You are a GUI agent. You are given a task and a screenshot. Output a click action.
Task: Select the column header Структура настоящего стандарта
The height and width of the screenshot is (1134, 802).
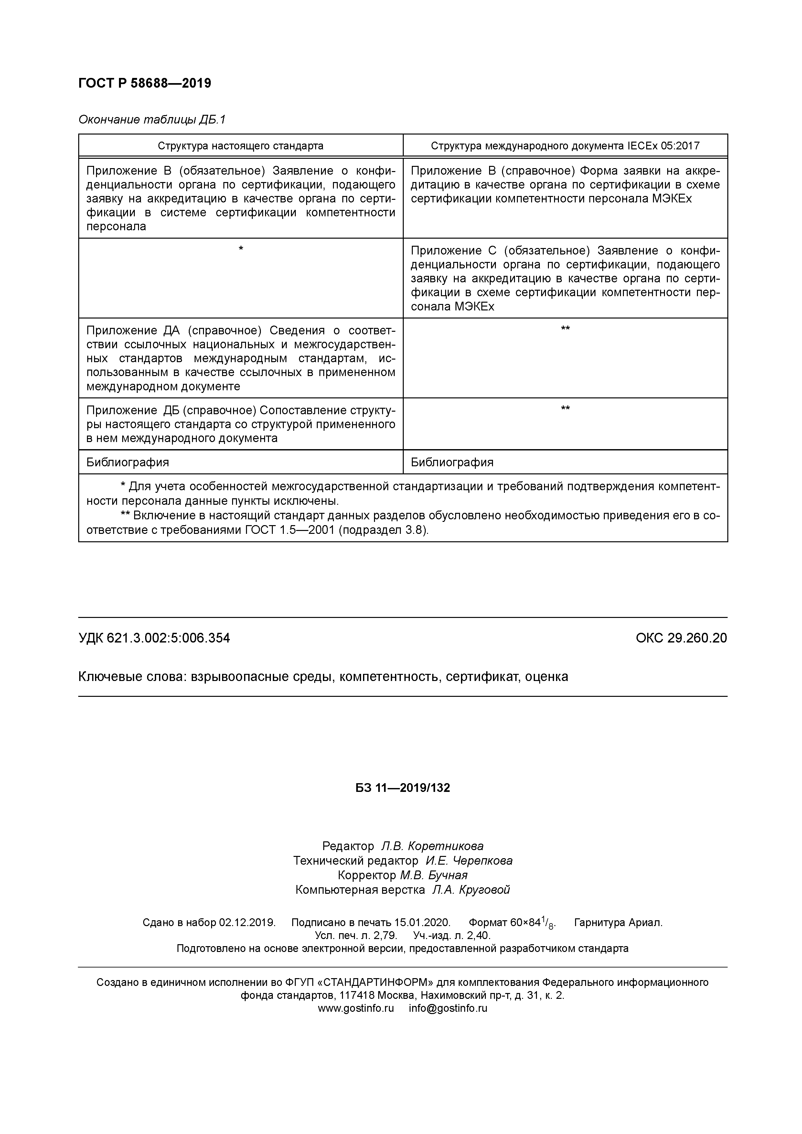(x=241, y=146)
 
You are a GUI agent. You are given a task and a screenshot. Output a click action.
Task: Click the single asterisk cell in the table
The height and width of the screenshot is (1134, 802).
(x=241, y=248)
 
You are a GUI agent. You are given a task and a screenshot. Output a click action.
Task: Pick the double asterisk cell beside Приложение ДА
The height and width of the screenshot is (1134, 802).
(x=565, y=329)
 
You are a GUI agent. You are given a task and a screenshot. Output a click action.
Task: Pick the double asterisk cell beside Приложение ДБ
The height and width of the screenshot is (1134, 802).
(x=565, y=408)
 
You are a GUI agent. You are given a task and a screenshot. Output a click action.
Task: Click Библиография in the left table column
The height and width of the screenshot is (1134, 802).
(x=127, y=462)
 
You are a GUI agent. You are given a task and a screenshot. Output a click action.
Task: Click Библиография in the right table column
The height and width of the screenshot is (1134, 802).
(x=452, y=462)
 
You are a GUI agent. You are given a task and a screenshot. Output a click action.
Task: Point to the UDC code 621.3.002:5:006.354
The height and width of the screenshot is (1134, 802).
(x=168, y=638)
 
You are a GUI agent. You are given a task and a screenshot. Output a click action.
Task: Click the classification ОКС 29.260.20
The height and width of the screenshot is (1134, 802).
(x=681, y=638)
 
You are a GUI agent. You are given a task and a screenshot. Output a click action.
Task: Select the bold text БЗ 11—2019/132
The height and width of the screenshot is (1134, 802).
(x=402, y=788)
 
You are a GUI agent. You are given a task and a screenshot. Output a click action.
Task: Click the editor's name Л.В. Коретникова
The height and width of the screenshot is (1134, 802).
(x=432, y=846)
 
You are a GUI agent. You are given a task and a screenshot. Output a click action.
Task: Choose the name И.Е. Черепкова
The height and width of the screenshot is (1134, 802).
(x=469, y=861)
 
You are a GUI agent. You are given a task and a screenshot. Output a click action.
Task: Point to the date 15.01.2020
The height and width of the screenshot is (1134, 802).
(x=422, y=923)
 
